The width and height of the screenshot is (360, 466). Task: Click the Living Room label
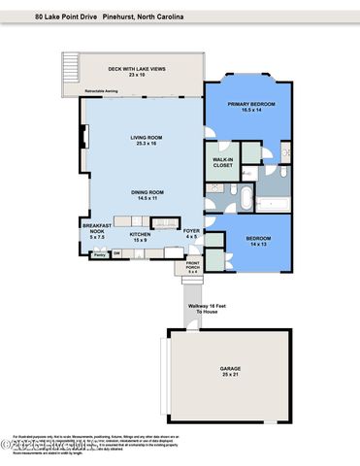(147, 138)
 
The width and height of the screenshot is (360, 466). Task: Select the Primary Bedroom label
(251, 104)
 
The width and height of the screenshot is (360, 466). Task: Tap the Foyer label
(192, 231)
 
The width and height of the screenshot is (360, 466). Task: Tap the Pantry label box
(98, 254)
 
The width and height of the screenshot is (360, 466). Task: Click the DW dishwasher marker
(116, 254)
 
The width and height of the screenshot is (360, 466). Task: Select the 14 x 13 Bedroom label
(257, 239)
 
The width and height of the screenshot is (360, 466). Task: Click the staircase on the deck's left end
(68, 69)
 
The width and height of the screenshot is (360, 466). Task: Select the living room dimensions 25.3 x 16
(147, 144)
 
